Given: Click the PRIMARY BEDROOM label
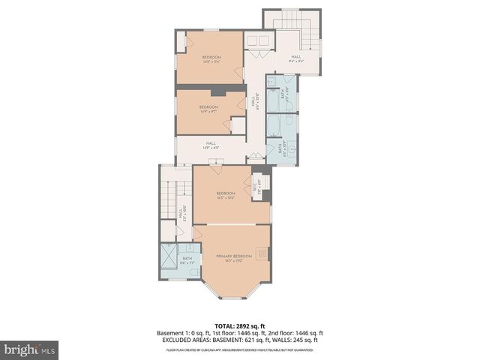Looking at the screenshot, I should click(x=233, y=257).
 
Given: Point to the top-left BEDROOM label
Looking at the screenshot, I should click(x=211, y=58).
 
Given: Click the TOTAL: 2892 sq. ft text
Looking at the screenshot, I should click(x=239, y=325).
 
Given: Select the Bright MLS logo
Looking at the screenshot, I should click(x=30, y=349).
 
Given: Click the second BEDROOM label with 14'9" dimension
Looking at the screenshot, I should click(x=208, y=107).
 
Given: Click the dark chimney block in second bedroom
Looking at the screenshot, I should click(x=217, y=92).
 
